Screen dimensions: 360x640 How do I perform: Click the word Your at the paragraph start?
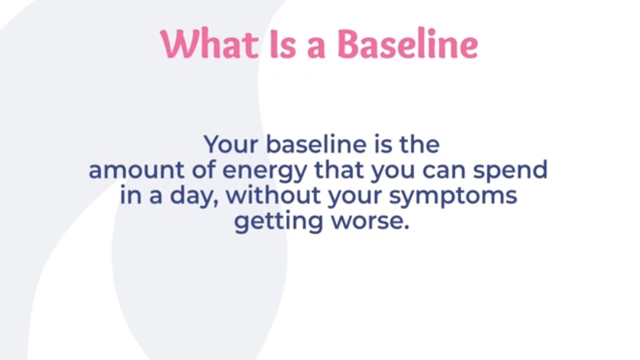[x=231, y=144]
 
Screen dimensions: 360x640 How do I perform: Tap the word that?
[x=340, y=170]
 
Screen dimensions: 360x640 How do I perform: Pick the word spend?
[x=510, y=170]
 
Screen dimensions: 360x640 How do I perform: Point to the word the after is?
[x=419, y=144]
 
